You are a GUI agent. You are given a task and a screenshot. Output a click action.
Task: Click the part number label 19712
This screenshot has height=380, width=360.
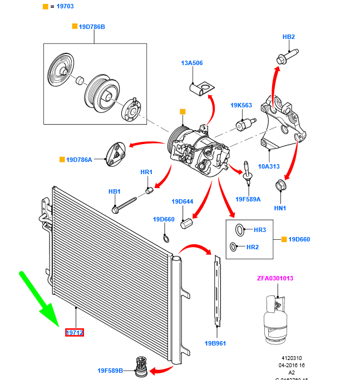tap(75, 333)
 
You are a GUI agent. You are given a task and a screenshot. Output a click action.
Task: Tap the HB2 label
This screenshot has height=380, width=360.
tap(288, 37)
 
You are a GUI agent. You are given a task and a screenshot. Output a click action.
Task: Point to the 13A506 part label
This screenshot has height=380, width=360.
tap(191, 63)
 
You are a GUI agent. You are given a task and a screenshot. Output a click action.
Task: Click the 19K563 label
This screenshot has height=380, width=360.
tap(241, 105)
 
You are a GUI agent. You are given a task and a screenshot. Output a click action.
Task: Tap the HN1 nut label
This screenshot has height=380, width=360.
tap(280, 208)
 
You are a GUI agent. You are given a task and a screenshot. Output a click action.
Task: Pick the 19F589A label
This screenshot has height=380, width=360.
tap(248, 199)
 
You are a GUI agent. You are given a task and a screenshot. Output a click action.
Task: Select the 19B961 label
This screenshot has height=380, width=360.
tap(215, 343)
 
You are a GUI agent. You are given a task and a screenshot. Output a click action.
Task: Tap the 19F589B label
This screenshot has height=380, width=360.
tap(110, 370)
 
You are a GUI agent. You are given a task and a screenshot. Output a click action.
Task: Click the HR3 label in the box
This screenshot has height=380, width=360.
tap(260, 230)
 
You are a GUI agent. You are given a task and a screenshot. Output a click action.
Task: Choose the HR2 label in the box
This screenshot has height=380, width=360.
tap(253, 246)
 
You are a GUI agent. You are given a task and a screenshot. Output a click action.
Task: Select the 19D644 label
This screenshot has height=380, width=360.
tap(183, 201)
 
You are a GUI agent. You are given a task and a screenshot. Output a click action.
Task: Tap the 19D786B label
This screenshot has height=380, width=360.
tap(91, 26)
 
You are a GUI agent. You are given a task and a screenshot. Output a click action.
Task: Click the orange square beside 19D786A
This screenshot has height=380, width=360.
tap(62, 160)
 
